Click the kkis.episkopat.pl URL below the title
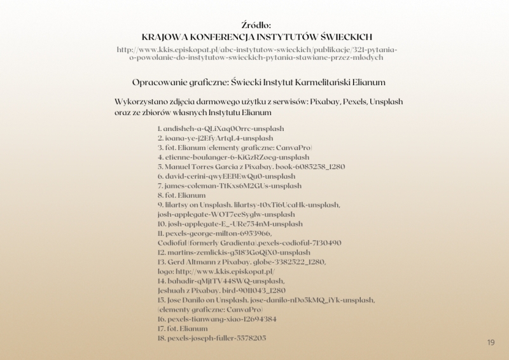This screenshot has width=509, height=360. tap(257, 53)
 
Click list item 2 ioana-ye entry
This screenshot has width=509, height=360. tap(216, 137)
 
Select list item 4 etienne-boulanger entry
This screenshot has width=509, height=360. tap(234, 157)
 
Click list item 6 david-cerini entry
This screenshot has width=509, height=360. tap(227, 176)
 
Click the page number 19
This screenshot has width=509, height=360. tap(491, 343)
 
